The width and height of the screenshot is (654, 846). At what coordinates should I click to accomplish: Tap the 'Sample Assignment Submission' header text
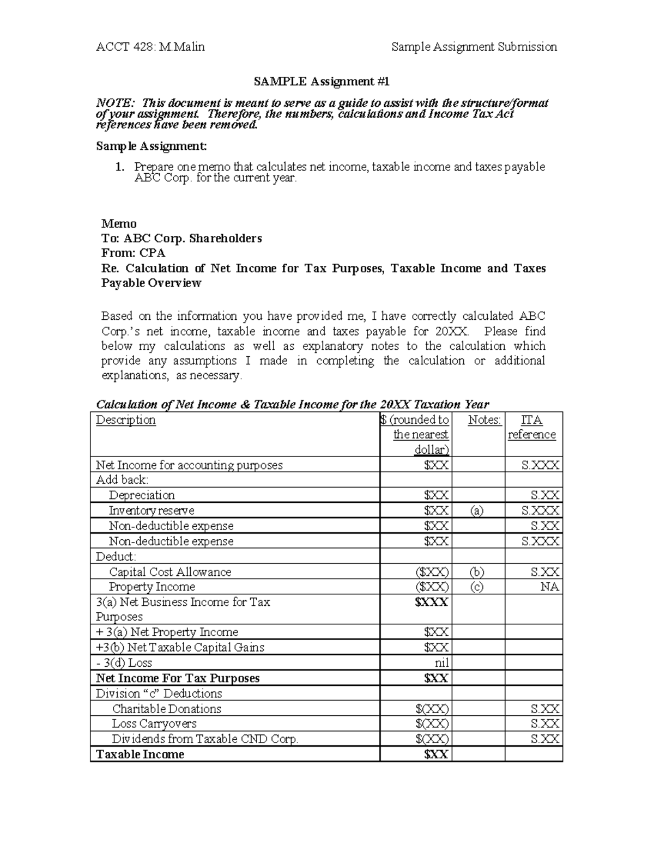pos(474,47)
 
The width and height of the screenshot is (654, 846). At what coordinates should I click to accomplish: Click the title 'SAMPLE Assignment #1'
pos(322,82)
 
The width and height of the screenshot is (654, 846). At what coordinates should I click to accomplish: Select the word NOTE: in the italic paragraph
pos(113,103)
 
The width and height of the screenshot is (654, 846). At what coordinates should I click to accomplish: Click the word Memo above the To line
pos(119,223)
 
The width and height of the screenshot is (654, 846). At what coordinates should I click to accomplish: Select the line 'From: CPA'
pos(133,253)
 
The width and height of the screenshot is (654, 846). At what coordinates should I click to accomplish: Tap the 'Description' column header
pos(126,419)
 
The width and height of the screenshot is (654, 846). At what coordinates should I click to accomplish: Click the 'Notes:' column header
pos(484,419)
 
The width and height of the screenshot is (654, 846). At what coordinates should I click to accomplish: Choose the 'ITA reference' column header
pos(531,427)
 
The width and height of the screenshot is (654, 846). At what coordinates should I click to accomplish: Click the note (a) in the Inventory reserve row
pos(477,510)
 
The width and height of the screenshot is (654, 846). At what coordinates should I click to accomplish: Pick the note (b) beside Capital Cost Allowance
pos(477,572)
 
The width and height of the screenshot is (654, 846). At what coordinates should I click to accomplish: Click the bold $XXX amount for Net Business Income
pos(431,602)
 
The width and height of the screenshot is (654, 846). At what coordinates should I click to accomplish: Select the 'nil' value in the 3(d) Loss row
pos(441,663)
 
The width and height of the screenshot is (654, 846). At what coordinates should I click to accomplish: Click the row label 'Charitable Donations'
pos(166,709)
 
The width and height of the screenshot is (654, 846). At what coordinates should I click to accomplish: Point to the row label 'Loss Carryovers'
pos(154,723)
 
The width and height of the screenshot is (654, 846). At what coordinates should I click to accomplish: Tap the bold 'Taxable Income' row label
pos(140,754)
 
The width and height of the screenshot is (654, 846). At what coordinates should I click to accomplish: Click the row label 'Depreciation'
pos(142,495)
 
